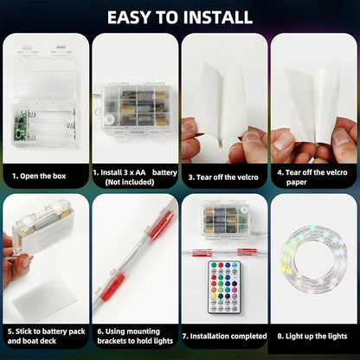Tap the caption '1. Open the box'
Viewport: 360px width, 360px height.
coord(39,176)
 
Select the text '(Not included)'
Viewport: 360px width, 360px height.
coord(130,182)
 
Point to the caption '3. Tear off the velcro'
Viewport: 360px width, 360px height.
coord(223,177)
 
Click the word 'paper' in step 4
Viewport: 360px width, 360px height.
coord(296,183)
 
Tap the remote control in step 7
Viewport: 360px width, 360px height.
coord(224,287)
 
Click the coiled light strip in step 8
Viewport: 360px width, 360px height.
coord(313,260)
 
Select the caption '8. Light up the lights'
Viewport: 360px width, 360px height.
coord(312,336)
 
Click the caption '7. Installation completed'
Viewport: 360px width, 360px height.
coord(224,336)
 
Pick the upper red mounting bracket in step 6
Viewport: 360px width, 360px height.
coord(162,224)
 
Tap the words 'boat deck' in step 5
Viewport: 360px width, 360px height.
coord(39,341)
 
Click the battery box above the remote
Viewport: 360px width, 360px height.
coord(224,220)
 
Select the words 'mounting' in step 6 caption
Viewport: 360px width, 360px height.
coord(141,331)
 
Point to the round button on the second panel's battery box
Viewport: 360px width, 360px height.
coord(110,119)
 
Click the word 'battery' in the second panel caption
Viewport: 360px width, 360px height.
coord(164,172)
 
